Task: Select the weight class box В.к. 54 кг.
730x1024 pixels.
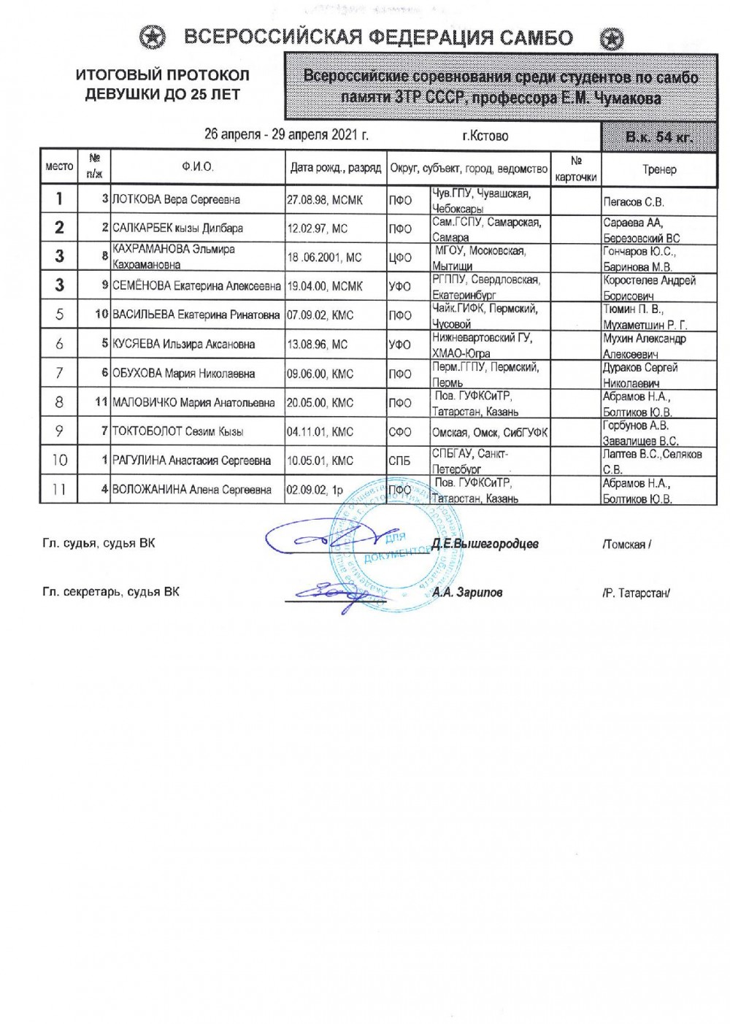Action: [x=658, y=136]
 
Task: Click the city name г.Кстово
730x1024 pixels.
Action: [x=485, y=136]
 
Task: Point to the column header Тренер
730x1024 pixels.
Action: [x=659, y=169]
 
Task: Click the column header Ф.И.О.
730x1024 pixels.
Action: [x=198, y=167]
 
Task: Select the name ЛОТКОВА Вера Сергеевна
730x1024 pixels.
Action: [x=176, y=199]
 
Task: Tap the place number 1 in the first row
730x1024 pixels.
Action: [x=60, y=199]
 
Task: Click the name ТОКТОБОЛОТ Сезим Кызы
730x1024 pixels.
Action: [x=177, y=431]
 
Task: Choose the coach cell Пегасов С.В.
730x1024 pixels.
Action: [x=634, y=201]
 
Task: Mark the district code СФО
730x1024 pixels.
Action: [x=400, y=432]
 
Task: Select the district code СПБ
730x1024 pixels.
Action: [x=399, y=461]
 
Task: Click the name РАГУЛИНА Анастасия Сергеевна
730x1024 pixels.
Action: [x=191, y=461]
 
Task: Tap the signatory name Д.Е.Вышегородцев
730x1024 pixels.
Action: [x=485, y=544]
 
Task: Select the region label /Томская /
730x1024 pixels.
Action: [x=626, y=544]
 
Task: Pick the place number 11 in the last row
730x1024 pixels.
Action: [x=59, y=489]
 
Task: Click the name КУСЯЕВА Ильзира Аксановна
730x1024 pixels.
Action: [x=183, y=344]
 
